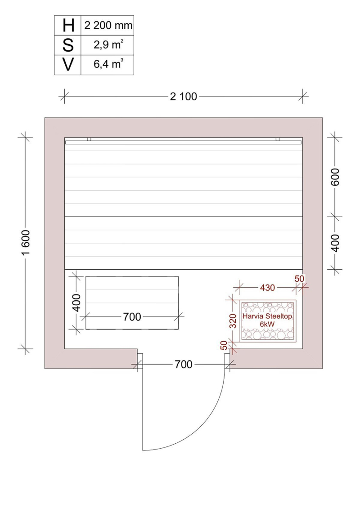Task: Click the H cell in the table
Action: [x=68, y=25]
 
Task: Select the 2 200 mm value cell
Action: [x=108, y=25]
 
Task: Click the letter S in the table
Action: [x=68, y=45]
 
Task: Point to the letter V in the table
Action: [x=68, y=65]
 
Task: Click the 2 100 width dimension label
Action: [x=184, y=97]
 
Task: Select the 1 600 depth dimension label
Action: [x=27, y=242]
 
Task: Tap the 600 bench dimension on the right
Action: [x=335, y=177]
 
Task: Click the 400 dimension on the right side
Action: [x=335, y=243]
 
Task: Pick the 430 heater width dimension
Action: [x=268, y=288]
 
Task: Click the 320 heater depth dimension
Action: [x=233, y=321]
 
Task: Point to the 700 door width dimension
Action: [x=184, y=365]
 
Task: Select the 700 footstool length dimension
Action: [x=132, y=316]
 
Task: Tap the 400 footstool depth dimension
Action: [x=76, y=303]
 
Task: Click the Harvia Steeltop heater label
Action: [x=267, y=316]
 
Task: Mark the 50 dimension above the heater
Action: [x=299, y=279]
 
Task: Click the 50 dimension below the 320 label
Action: [x=224, y=345]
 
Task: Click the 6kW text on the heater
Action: [x=267, y=324]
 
